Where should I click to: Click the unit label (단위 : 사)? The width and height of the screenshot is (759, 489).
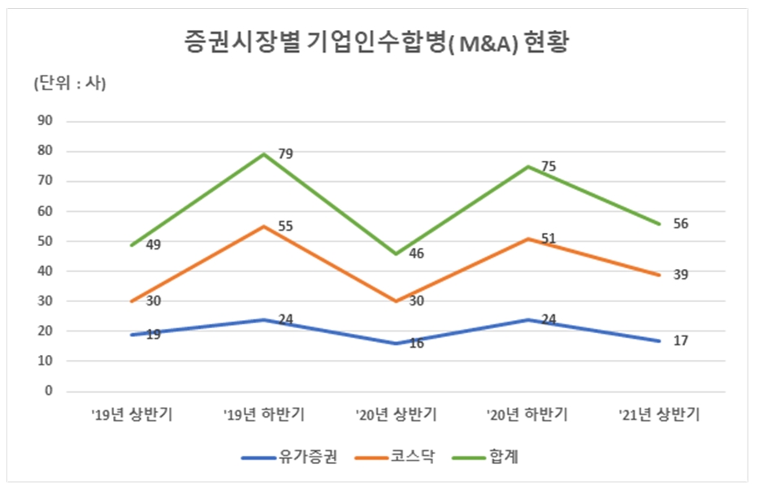[x=69, y=83]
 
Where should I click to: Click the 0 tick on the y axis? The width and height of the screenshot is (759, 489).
[x=48, y=391]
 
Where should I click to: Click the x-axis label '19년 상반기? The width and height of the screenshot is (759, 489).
[x=132, y=414]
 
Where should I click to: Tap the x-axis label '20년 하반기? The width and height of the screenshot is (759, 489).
[x=527, y=414]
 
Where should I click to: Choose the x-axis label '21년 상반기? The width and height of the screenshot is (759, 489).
[x=659, y=414]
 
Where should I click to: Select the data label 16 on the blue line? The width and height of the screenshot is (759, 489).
[x=416, y=344]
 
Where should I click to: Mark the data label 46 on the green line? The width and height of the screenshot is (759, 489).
[x=416, y=254]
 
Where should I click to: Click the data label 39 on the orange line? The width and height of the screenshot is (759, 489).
[x=680, y=275]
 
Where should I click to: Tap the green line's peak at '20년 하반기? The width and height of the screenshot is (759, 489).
[x=527, y=167]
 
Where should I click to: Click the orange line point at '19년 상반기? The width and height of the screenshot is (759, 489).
[x=132, y=301]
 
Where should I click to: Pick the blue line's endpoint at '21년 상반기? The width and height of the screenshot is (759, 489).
[x=659, y=340]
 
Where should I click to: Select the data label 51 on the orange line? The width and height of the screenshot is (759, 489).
[x=549, y=238]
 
